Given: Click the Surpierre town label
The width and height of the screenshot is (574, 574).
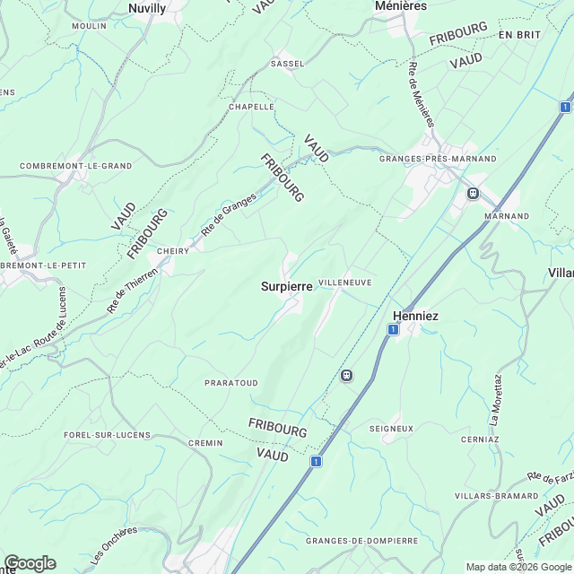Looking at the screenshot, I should click(286, 287).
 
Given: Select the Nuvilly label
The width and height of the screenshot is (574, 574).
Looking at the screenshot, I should click(147, 8).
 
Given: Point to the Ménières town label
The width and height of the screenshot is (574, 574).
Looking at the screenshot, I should click(399, 5).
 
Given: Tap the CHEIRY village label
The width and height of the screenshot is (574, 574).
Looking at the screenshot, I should click(173, 251).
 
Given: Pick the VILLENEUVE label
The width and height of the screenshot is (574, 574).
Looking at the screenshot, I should click(344, 282).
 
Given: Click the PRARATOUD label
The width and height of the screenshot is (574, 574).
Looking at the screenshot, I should click(231, 383).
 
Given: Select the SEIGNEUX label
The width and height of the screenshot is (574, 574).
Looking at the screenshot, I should click(391, 429).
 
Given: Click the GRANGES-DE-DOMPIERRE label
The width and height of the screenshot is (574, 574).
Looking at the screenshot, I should click(361, 541).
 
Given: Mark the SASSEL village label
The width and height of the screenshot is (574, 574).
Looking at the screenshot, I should click(288, 65).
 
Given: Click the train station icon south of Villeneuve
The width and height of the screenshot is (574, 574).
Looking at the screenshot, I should click(346, 375).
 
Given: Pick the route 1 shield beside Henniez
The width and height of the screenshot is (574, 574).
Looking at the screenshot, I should click(393, 330).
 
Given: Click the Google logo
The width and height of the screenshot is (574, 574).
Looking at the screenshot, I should click(30, 563).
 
